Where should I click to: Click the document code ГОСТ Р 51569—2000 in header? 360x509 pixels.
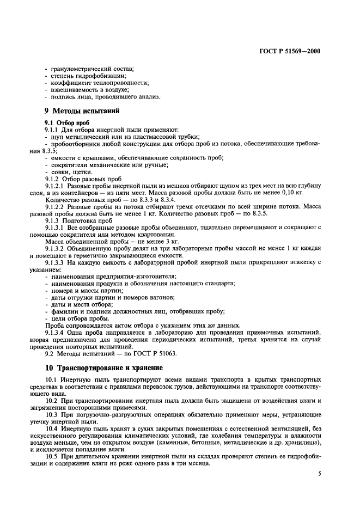pos(289,52)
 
